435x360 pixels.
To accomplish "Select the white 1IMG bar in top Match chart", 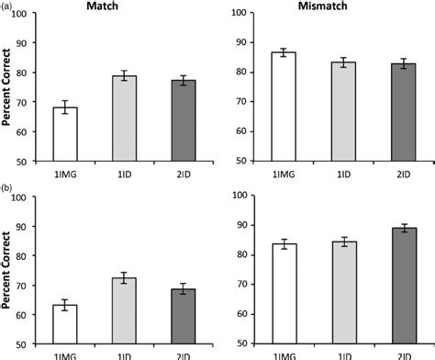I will tap(65, 134).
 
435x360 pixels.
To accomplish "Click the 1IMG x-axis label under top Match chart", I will tap(65, 172).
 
